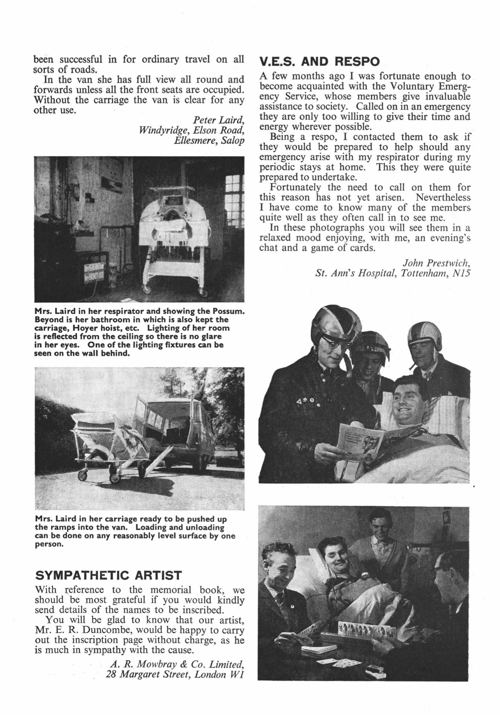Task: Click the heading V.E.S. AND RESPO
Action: pyautogui.click(x=319, y=62)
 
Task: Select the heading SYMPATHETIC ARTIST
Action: pyautogui.click(x=108, y=575)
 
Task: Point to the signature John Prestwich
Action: pyautogui.click(x=437, y=263)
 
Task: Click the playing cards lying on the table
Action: pyautogui.click(x=344, y=662)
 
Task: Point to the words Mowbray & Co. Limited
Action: pyautogui.click(x=190, y=664)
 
